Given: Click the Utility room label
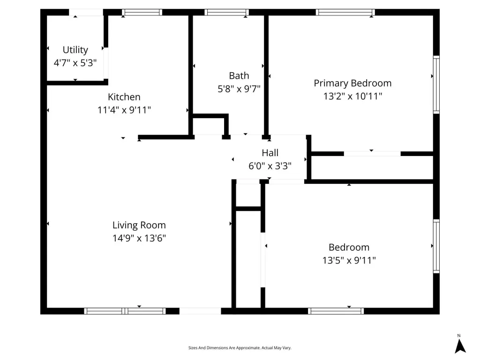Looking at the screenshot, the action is tap(75, 50).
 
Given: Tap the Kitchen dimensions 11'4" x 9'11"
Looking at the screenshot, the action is tap(124, 110).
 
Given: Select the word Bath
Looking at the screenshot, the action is tap(239, 75).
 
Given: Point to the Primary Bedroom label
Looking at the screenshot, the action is tap(352, 83).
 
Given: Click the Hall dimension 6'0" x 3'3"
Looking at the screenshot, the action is tap(270, 166).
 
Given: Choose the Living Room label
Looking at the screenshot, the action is tap(139, 225).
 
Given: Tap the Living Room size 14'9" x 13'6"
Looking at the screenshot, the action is tap(139, 238).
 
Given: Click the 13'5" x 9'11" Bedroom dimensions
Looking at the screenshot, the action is tap(349, 260).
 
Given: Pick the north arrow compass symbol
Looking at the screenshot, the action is tap(460, 345).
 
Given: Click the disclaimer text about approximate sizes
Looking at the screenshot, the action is tap(240, 348).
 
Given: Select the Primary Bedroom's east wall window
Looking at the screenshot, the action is tap(436, 84).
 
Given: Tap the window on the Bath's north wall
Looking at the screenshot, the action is tap(226, 12).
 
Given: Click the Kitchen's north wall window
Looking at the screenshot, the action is tap(142, 12).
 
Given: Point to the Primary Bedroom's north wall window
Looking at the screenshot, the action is tap(345, 12).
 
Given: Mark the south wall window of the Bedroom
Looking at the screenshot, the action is tap(336, 311).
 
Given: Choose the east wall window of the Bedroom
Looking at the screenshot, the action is tap(436, 246).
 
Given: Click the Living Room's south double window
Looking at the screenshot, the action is tap(125, 311).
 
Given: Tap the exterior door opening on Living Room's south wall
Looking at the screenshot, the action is tap(200, 311).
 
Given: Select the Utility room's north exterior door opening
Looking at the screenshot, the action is tap(86, 12).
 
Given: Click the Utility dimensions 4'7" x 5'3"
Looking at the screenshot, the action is tap(75, 63).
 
